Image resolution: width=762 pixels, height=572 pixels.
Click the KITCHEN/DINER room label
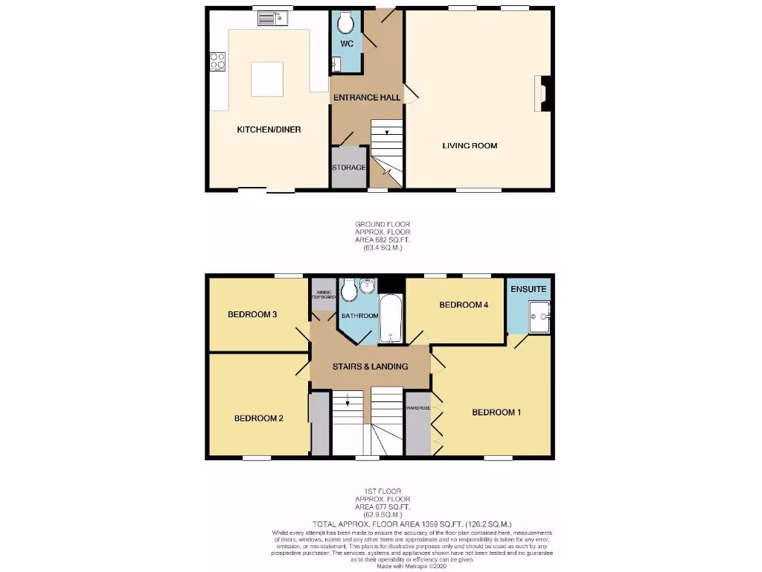pyautogui.click(x=269, y=130)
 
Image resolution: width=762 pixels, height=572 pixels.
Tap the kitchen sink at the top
pyautogui.click(x=268, y=17)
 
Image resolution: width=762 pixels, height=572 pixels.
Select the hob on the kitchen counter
pyautogui.click(x=218, y=61)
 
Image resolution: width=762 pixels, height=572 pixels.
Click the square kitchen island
pyautogui.click(x=267, y=79)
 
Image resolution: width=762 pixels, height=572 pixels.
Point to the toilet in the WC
pyautogui.click(x=345, y=24)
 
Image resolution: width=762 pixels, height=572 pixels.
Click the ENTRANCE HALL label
pyautogui.click(x=366, y=98)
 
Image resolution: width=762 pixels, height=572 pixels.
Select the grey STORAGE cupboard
pyautogui.click(x=348, y=167)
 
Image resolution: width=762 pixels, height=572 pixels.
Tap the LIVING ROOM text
pyautogui.click(x=470, y=146)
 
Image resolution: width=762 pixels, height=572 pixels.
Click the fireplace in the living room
pyautogui.click(x=542, y=93)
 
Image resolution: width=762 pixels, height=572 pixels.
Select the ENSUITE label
pyautogui.click(x=529, y=289)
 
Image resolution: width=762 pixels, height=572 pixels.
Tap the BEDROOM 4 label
pyautogui.click(x=463, y=305)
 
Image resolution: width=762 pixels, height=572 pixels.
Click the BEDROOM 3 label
pyautogui.click(x=252, y=314)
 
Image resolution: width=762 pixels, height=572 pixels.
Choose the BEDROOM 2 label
pyautogui.click(x=258, y=418)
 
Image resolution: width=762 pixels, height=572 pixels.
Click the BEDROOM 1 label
pyautogui.click(x=496, y=412)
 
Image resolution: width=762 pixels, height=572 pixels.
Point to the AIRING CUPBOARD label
pyautogui.click(x=323, y=294)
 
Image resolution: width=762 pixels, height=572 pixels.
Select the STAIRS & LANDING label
pyautogui.click(x=370, y=366)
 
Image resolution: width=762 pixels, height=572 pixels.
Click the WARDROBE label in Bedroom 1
pyautogui.click(x=417, y=408)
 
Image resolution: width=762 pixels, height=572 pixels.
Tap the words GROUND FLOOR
pyautogui.click(x=382, y=224)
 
